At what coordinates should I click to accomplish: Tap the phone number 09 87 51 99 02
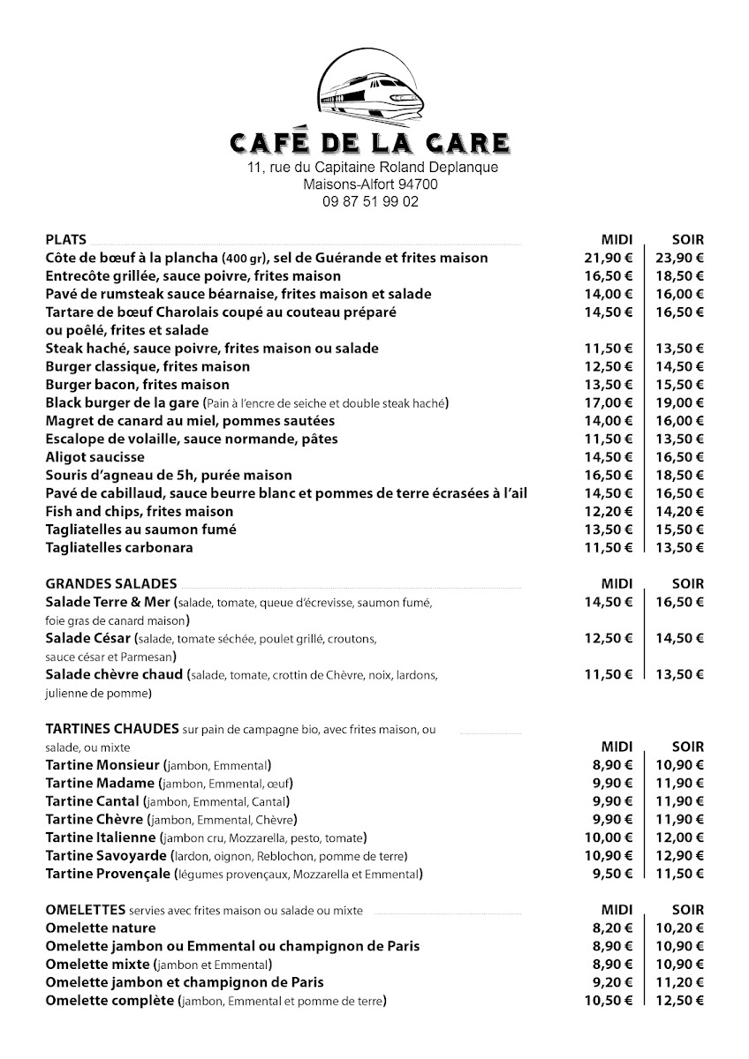pos(370,201)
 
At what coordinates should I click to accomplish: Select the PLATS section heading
pos(65,239)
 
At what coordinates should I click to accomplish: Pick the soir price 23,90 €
pos(679,258)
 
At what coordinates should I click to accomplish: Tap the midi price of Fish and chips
pos(609,511)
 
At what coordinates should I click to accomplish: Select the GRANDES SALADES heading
pos(110,583)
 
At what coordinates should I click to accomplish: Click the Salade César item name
pos(87,638)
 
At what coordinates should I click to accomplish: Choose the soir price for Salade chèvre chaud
pos(679,674)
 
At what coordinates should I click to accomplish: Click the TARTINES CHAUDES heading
pos(112,729)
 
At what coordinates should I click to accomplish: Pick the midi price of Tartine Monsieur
pos(612,764)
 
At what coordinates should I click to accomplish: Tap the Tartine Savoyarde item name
pos(100,855)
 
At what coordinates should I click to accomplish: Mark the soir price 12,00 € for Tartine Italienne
pos(679,837)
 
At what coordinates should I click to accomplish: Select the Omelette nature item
pos(100,928)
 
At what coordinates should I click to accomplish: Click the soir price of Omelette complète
pos(679,1000)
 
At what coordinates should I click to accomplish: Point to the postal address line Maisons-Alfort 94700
pos(370,184)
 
